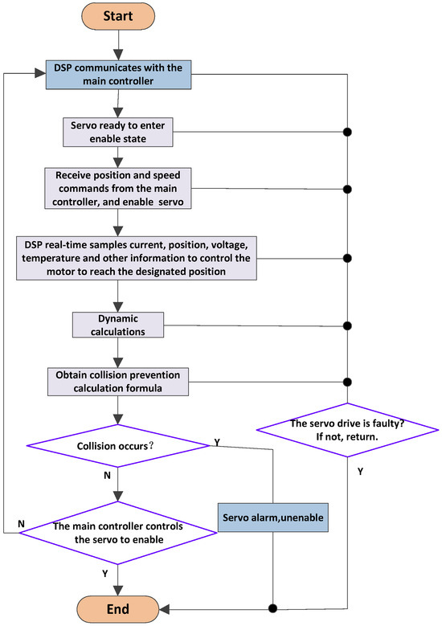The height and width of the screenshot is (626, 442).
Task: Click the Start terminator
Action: point(118,16)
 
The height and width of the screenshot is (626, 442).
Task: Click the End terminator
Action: point(118,608)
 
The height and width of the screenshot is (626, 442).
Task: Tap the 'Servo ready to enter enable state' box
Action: point(118,132)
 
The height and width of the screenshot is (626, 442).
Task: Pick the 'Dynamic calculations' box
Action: point(118,325)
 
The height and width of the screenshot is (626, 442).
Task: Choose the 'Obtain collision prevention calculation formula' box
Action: point(118,382)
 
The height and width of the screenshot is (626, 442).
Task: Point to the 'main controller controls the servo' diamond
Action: point(118,533)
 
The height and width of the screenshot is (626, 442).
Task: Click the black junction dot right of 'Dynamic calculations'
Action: point(346,325)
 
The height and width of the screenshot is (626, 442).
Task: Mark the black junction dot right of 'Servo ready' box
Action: point(346,132)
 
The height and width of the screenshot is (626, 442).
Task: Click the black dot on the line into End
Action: point(274,608)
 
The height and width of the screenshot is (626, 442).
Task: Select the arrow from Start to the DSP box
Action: point(118,45)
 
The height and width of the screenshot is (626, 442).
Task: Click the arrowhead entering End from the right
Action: point(165,608)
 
